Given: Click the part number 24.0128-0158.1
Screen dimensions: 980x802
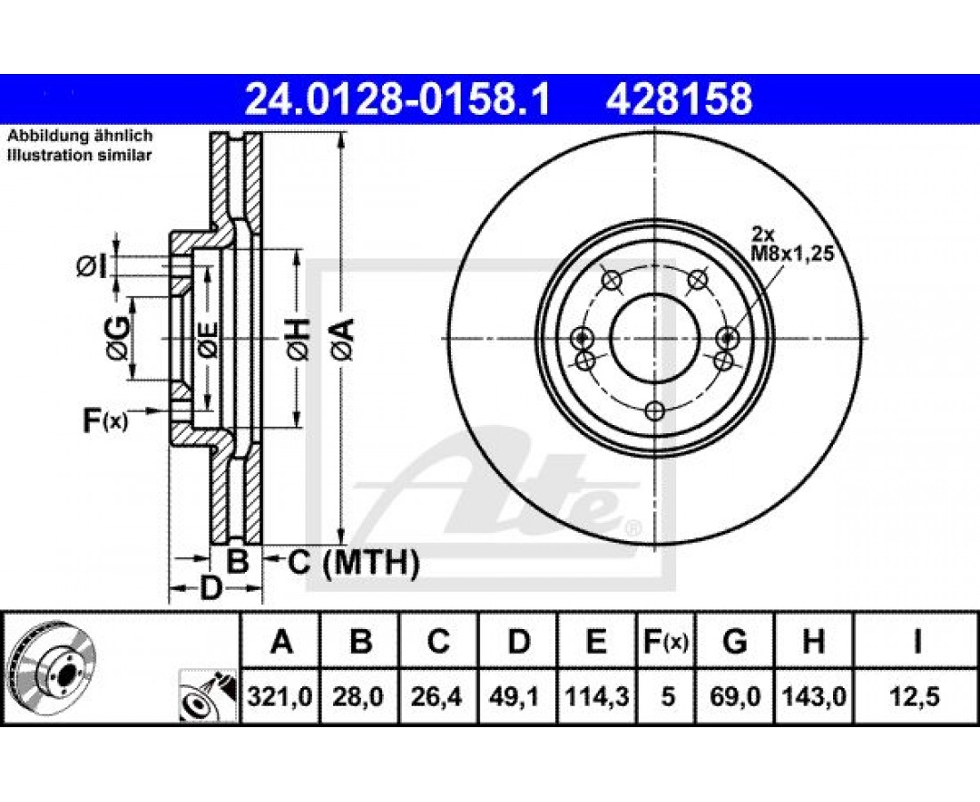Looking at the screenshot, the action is tap(397, 100).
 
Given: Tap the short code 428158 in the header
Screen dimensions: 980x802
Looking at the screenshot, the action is tap(679, 100).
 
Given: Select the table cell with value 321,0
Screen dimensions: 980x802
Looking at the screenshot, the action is tap(280, 696).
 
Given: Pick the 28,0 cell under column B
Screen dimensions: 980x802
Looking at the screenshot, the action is tap(359, 696).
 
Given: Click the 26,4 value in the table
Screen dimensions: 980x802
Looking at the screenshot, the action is tap(437, 696).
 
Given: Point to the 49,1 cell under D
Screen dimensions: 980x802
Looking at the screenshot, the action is tap(517, 696).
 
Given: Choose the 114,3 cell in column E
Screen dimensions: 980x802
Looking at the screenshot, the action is tap(596, 696).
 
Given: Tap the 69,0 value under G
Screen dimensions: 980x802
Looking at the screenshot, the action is tap(735, 696).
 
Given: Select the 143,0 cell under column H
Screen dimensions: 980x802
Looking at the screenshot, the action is tap(813, 696).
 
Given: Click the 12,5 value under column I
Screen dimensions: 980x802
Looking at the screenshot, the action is tap(916, 696).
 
